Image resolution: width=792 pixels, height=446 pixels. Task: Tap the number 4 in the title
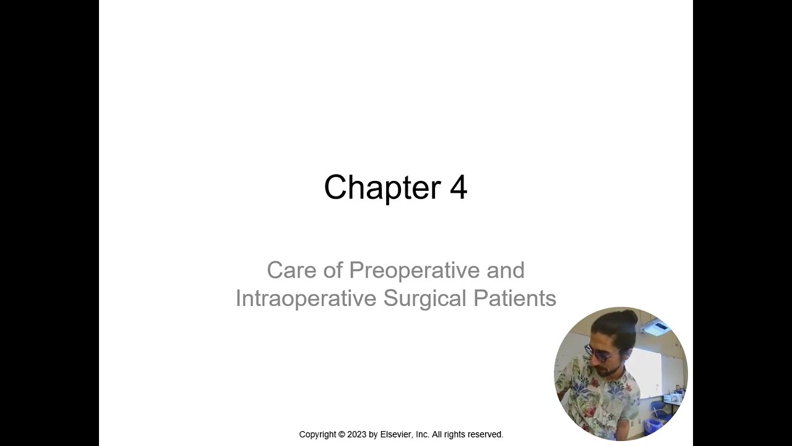pos(458,187)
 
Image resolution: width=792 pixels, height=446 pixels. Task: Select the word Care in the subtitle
pos(291,270)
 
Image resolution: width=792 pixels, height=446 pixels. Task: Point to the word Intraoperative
pos(306,298)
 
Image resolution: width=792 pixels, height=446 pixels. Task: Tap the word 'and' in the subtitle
pos(506,270)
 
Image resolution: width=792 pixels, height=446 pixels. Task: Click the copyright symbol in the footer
pos(341,435)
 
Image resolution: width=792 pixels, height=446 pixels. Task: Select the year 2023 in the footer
pos(356,435)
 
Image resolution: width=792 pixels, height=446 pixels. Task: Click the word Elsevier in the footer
pos(397,435)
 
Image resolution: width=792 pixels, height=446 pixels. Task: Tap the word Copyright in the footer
pos(318,435)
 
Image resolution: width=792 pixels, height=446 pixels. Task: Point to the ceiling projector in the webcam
pos(655,328)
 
